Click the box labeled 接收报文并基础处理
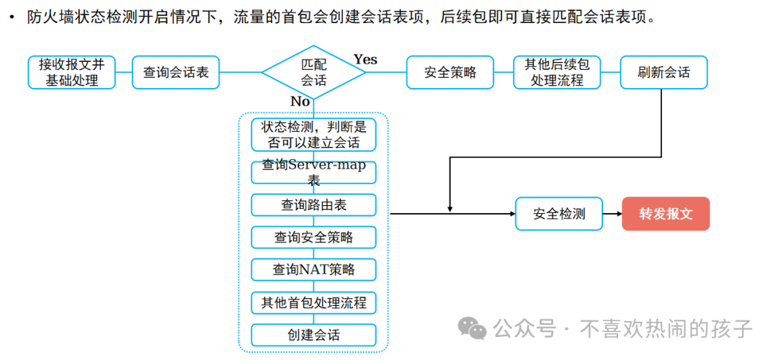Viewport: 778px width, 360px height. (x=72, y=72)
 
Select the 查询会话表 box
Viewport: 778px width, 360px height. (x=176, y=72)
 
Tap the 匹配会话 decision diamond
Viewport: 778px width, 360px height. (x=314, y=71)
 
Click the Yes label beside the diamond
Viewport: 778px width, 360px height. (x=365, y=59)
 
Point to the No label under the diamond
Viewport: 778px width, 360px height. (x=300, y=102)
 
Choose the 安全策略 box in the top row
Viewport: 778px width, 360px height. (x=451, y=72)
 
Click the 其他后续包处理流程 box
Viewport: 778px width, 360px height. (x=557, y=72)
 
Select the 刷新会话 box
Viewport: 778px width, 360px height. (x=663, y=72)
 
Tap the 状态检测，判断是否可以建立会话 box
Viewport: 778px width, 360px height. (x=314, y=135)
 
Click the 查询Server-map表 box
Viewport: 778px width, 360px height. (x=314, y=171)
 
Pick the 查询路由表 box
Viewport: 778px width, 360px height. (x=314, y=204)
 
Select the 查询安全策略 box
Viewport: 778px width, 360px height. (x=314, y=237)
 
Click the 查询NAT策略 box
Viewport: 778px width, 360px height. (x=314, y=269)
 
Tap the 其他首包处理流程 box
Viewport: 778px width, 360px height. (x=314, y=302)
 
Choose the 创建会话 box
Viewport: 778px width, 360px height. (x=314, y=335)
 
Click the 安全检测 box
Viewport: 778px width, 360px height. (x=559, y=214)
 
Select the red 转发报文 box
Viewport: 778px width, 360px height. (x=666, y=214)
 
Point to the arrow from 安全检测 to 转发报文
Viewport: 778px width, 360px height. (x=612, y=214)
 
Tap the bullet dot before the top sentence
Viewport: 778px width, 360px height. (x=12, y=18)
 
